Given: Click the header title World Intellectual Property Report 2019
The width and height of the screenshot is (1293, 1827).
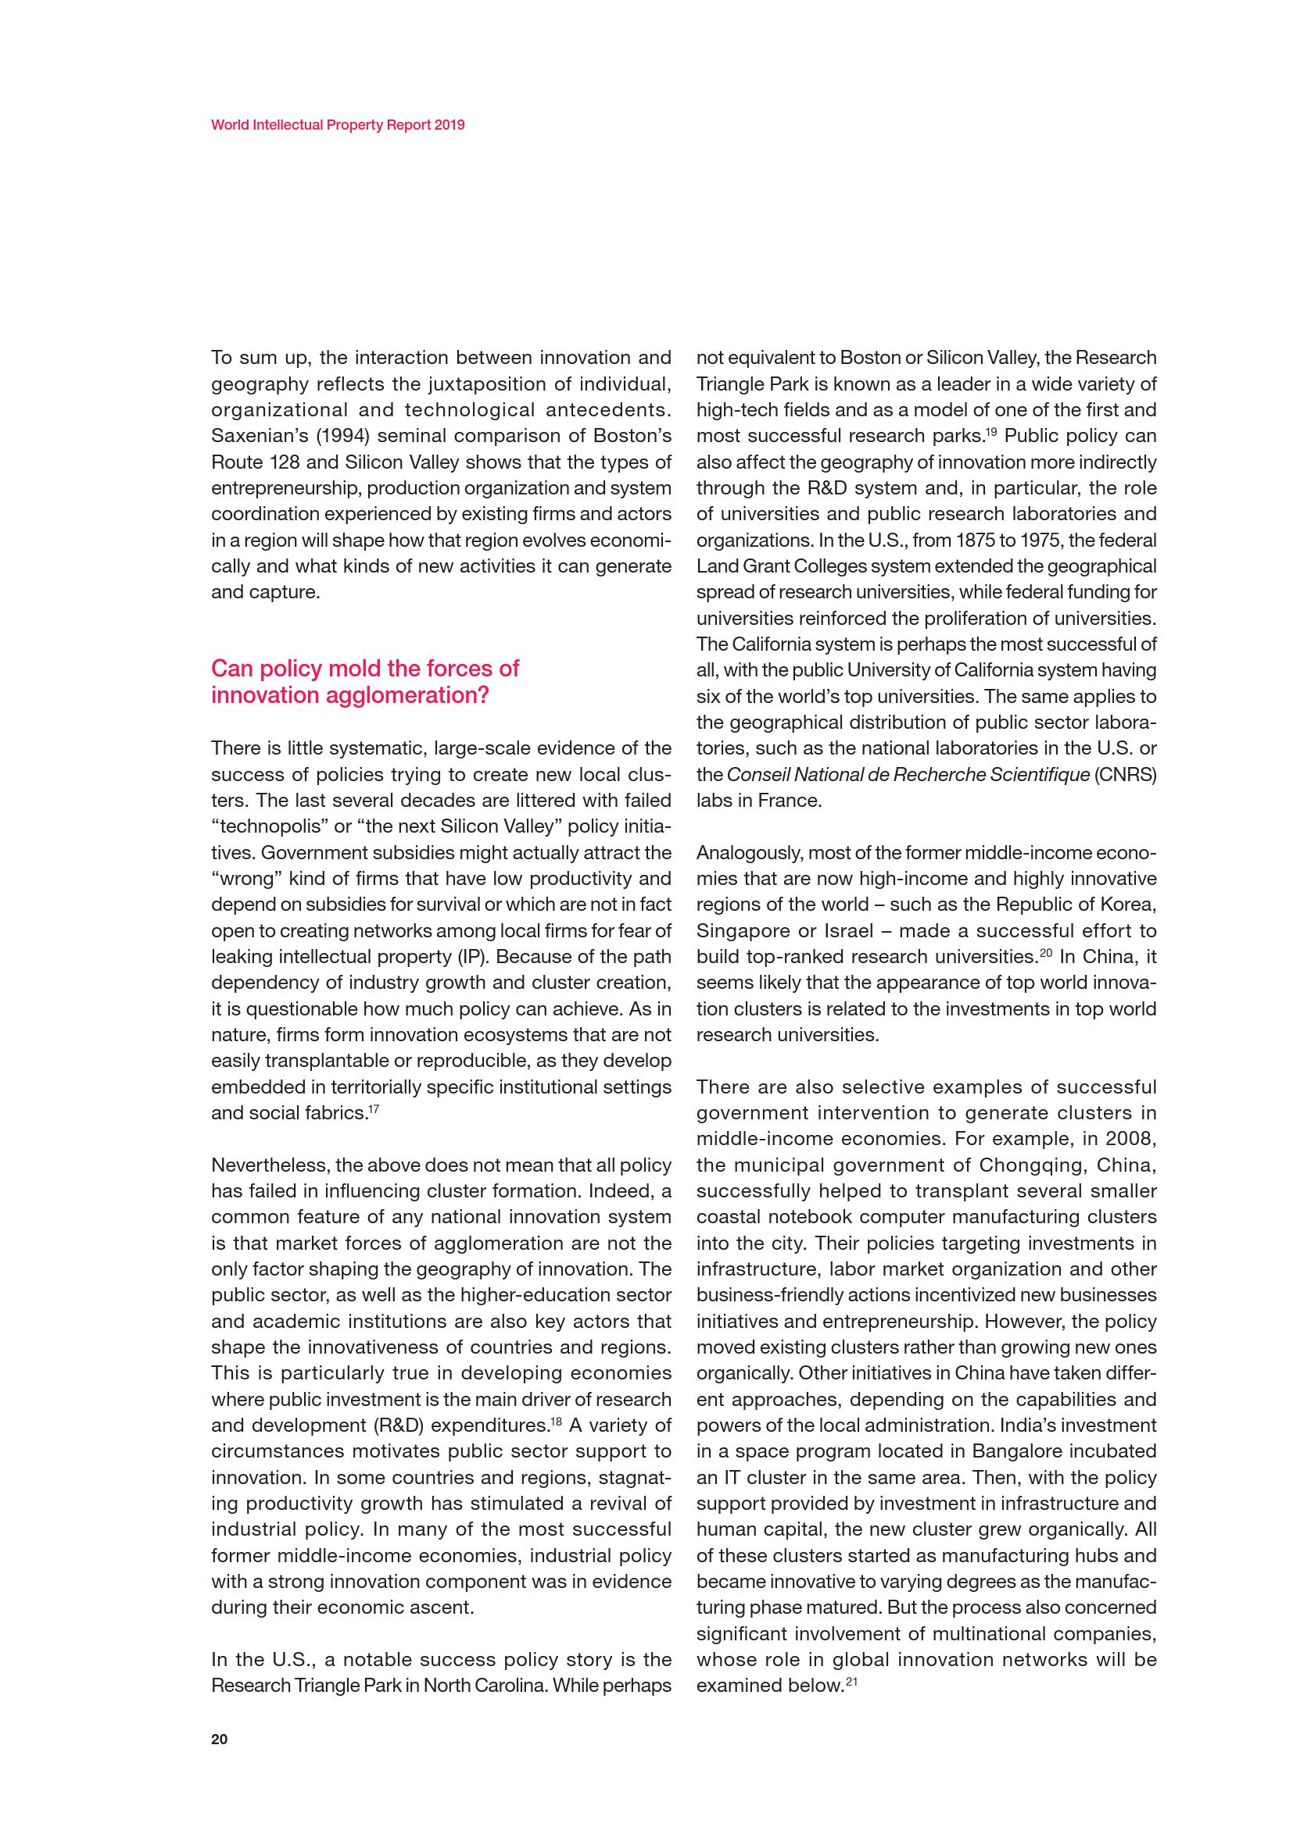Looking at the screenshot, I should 338,125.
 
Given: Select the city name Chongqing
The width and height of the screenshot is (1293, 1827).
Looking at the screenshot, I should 1030,1165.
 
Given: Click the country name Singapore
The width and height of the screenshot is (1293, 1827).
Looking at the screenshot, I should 741,931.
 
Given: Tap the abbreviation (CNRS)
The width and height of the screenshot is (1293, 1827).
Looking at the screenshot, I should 1126,774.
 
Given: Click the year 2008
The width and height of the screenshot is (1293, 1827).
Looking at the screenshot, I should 1132,1140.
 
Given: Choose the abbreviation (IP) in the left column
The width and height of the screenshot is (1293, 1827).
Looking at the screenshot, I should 475,958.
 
